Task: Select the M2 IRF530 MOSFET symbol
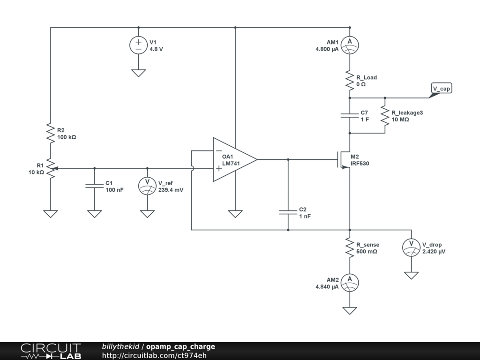[344, 159]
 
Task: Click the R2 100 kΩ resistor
[51, 133]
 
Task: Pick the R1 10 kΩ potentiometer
[51, 168]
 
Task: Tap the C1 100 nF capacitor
[94, 186]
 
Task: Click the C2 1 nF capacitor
[288, 212]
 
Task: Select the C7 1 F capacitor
[350, 115]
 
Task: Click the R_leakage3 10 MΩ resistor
[385, 115]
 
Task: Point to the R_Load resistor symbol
[350, 80]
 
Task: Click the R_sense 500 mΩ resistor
[350, 247]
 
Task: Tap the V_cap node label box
[442, 88]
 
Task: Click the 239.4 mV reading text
[171, 190]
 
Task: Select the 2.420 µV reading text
[434, 252]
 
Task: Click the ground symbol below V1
[138, 73]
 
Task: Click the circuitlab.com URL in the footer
[154, 355]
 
